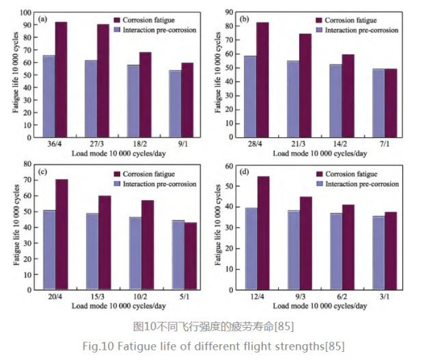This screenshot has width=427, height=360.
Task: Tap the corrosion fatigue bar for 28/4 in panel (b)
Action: point(262,79)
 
